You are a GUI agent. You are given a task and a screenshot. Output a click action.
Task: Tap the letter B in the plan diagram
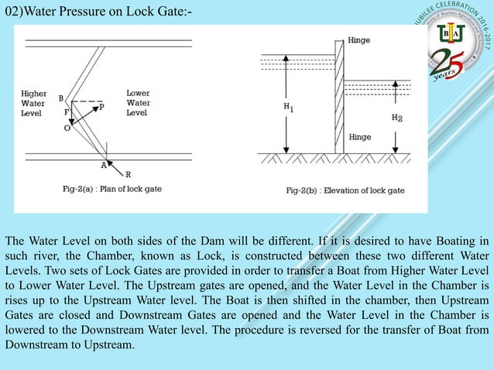coord(61,98)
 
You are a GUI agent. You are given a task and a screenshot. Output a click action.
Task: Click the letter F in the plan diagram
coord(67,113)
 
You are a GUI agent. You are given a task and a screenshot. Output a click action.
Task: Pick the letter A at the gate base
coord(103,164)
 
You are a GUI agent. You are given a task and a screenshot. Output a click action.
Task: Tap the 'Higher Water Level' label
coord(33,103)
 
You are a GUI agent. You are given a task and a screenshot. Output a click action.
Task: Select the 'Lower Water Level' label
coord(137,103)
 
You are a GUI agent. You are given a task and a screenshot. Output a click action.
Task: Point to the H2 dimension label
coord(396,118)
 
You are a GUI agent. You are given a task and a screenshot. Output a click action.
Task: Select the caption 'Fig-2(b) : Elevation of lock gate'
coord(345,190)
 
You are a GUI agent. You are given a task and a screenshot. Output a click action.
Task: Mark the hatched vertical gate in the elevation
coord(339,97)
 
